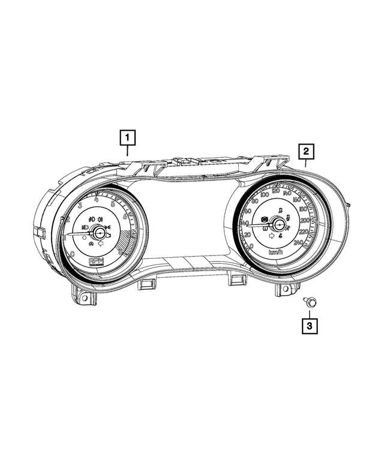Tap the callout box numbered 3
click(310, 326)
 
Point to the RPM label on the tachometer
click(96, 262)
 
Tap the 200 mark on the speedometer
click(304, 220)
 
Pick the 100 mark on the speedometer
click(262, 196)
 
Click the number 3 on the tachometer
click(80, 205)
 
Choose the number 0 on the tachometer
click(73, 254)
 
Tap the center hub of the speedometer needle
click(277, 224)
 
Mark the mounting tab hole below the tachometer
click(83, 297)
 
